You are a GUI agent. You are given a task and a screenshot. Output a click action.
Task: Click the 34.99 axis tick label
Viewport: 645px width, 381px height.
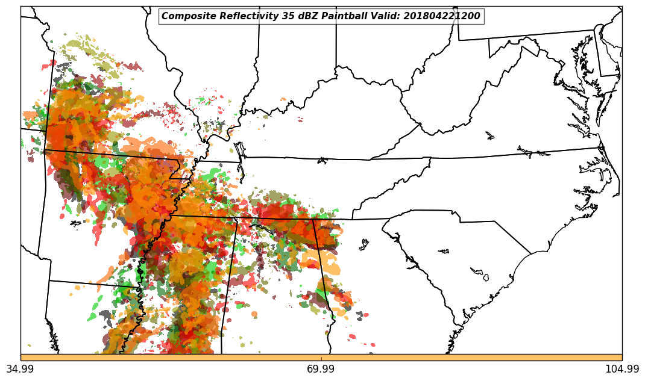20,369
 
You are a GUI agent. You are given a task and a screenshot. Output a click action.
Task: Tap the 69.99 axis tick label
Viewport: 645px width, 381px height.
321,369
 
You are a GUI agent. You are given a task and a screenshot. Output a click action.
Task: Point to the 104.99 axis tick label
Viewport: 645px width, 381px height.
622,369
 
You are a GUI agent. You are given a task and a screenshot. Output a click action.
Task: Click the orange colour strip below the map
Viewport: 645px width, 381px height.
321,358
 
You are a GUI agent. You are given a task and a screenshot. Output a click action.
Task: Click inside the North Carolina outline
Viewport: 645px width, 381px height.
512,181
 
